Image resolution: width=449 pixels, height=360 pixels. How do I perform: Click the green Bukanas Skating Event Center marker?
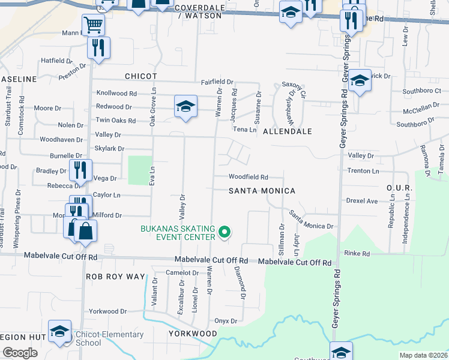pos(224,231)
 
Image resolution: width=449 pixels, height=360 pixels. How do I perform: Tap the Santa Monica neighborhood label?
pos(262,191)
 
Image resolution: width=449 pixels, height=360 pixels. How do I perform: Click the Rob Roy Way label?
pos(116,277)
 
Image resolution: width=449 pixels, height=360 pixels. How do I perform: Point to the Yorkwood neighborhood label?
pos(193,334)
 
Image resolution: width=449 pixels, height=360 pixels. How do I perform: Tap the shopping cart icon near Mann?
pos(93,25)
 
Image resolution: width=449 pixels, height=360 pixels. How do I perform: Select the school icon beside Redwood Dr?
pos(186,107)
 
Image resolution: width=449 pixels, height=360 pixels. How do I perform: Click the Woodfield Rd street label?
pos(247,177)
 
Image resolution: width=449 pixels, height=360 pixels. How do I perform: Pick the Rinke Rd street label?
pos(357,254)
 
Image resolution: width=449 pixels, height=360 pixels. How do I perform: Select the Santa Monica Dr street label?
pos(311,220)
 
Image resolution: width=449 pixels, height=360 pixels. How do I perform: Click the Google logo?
pos(20,353)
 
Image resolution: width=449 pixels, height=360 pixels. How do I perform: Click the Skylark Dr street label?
pos(109,148)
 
